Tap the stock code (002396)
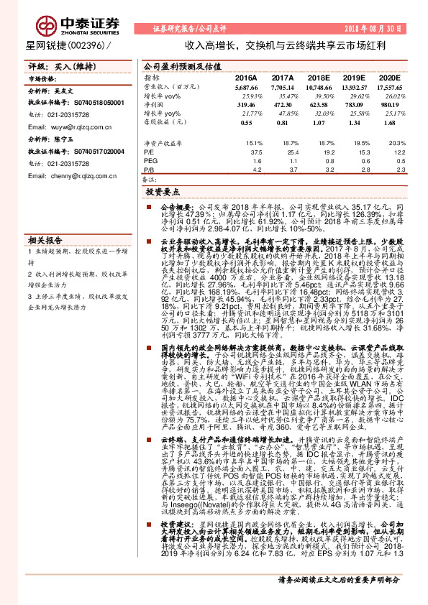click(x=90, y=45)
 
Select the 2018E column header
click(x=318, y=77)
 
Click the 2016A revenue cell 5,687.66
click(x=245, y=86)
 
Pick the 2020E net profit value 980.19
click(x=388, y=104)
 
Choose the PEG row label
click(x=150, y=162)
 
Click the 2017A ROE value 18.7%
click(x=283, y=144)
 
